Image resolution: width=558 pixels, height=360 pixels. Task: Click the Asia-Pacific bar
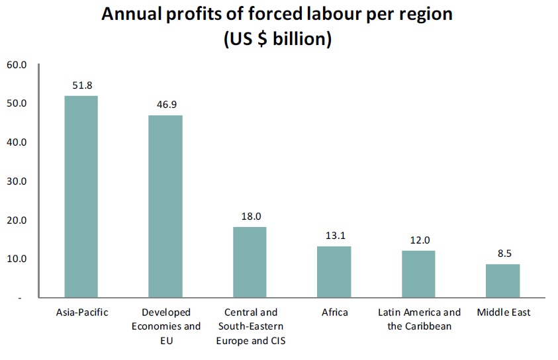point(81,197)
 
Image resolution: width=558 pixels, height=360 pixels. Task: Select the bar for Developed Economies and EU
point(165,206)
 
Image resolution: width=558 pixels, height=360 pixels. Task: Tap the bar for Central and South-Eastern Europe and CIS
point(250,262)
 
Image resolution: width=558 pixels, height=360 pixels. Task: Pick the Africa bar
point(334,272)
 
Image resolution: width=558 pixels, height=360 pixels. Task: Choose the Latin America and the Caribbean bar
point(418,274)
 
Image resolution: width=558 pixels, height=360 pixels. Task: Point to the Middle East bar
point(503,281)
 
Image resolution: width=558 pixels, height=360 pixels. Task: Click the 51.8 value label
point(82,85)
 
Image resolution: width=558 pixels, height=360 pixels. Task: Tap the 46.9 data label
point(167,105)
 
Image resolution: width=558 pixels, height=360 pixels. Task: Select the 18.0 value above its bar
point(252,216)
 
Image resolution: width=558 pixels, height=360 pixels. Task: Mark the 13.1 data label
point(336,236)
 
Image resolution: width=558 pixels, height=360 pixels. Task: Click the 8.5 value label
point(504,253)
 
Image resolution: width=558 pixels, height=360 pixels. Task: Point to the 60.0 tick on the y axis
point(17,65)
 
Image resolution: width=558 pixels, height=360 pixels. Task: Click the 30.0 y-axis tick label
point(17,181)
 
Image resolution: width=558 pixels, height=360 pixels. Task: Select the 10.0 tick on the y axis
point(17,259)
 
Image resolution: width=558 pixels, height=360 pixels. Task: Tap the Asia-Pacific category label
point(82,312)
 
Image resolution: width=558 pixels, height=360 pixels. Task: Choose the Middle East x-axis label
point(504,312)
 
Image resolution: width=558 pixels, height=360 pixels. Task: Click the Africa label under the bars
point(335,312)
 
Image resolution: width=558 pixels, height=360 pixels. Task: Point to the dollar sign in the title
point(262,39)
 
